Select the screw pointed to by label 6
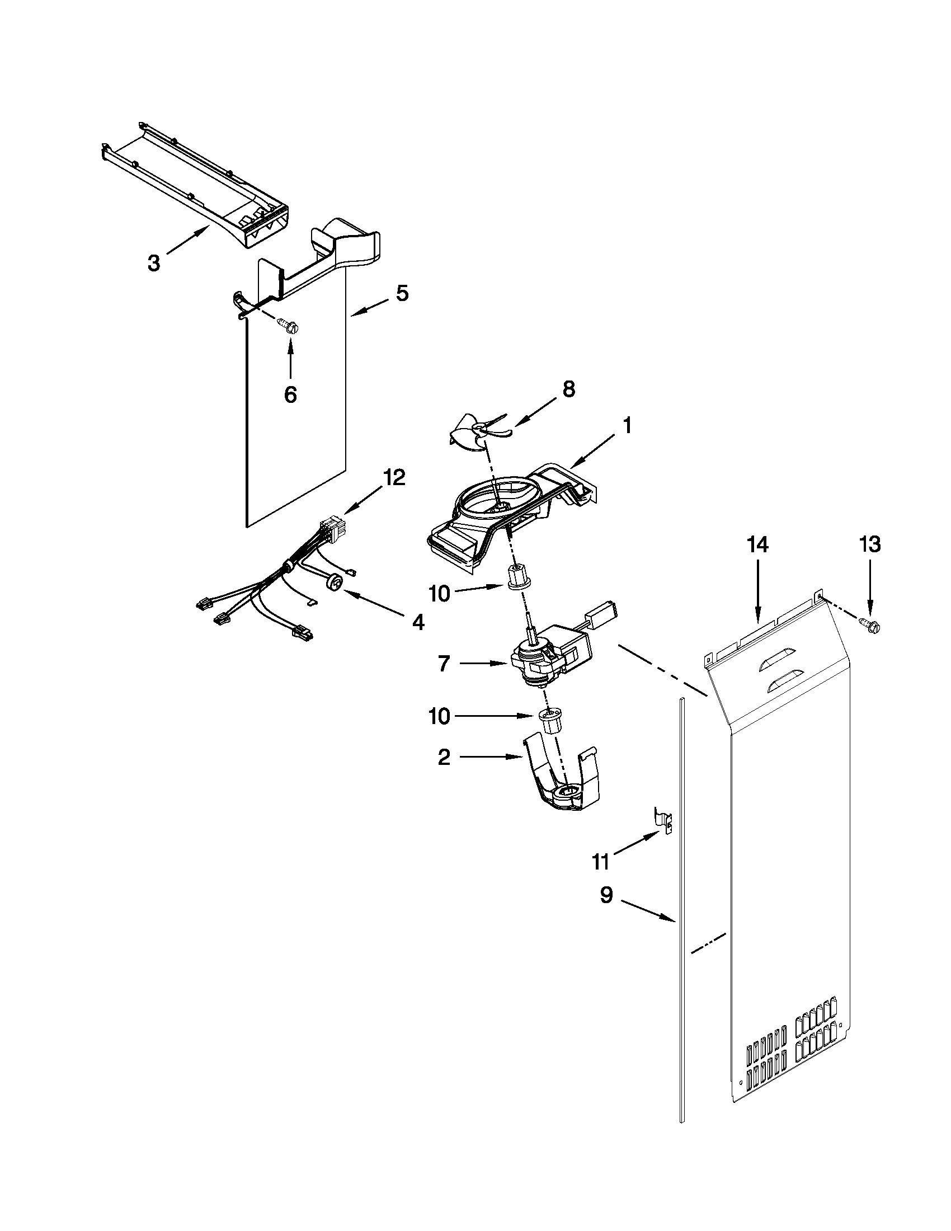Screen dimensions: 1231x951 pos(288,325)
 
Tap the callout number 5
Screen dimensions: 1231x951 pos(402,293)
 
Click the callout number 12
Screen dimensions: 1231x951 pos(394,477)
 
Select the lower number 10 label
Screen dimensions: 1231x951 pos(440,716)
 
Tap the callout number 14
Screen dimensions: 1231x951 pos(758,545)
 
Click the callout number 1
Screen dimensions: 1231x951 pos(627,426)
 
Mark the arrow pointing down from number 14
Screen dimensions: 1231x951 pos(758,592)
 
